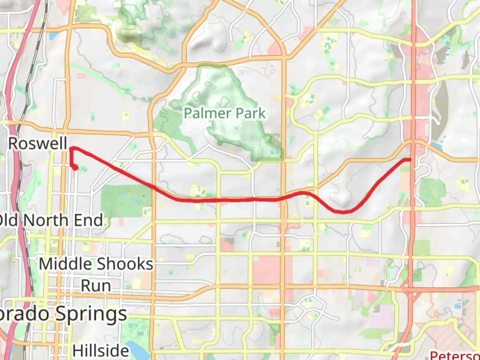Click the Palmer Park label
click(x=225, y=113)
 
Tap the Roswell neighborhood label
click(x=38, y=144)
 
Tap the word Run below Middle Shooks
click(x=96, y=286)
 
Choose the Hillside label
click(x=101, y=351)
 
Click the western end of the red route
click(x=76, y=168)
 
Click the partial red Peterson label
click(x=455, y=355)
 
